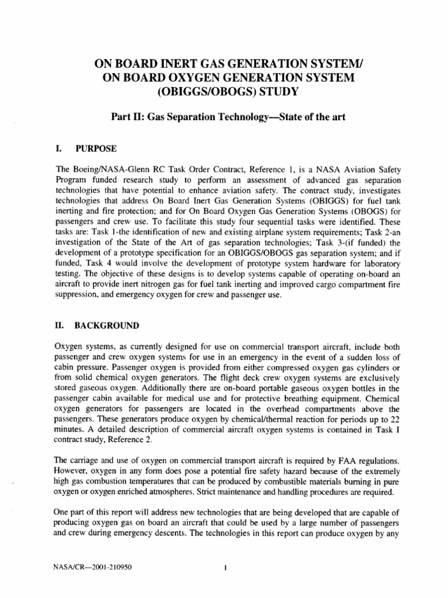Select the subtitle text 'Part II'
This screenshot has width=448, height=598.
tap(127, 117)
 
